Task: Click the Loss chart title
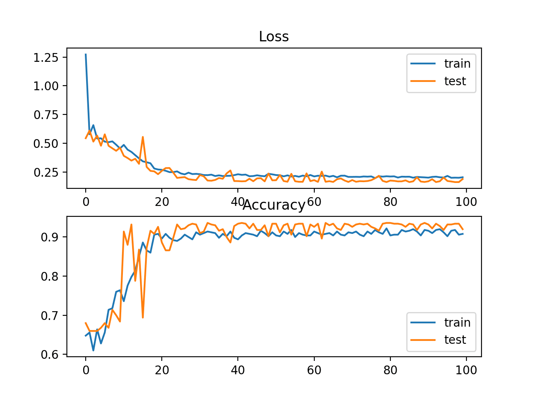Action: click(274, 37)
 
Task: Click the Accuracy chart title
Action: click(274, 205)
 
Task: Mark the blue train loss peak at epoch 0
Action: click(86, 54)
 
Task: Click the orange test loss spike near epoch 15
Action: click(143, 137)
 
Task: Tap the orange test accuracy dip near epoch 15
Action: click(143, 317)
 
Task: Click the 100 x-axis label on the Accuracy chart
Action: click(466, 370)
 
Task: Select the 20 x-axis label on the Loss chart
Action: click(162, 202)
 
